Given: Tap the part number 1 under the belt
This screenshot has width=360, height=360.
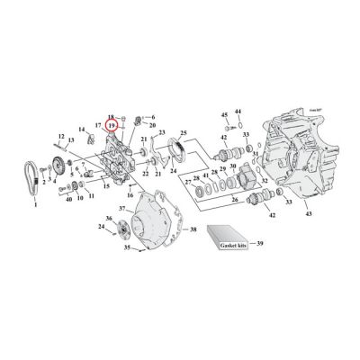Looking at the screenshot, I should coord(36,206).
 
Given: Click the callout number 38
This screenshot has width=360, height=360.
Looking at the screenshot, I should coord(193,230).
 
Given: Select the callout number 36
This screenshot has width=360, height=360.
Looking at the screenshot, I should coord(109,219).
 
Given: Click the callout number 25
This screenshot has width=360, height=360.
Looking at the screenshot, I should coord(184,132).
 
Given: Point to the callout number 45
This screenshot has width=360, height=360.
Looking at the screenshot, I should coord(224,115).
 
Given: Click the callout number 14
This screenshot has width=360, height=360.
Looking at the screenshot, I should coord(79,130).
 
